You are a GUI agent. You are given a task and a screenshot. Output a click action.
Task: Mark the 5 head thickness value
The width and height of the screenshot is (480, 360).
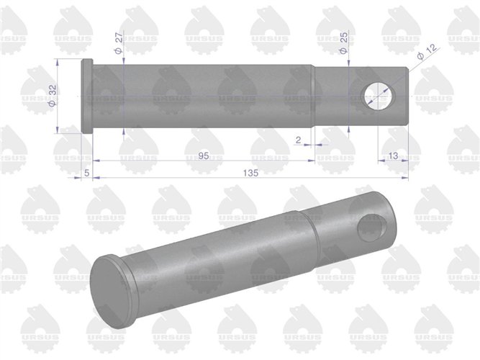click(87, 173)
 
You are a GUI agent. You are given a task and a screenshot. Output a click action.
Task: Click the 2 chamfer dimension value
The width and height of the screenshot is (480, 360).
click(298, 140)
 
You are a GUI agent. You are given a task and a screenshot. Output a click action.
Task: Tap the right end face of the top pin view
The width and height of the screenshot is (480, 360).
click(407, 96)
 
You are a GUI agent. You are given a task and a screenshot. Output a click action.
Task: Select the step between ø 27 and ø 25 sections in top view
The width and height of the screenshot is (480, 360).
click(314, 96)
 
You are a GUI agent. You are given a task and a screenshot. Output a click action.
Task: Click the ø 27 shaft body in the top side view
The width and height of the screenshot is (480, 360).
click(201, 96)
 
